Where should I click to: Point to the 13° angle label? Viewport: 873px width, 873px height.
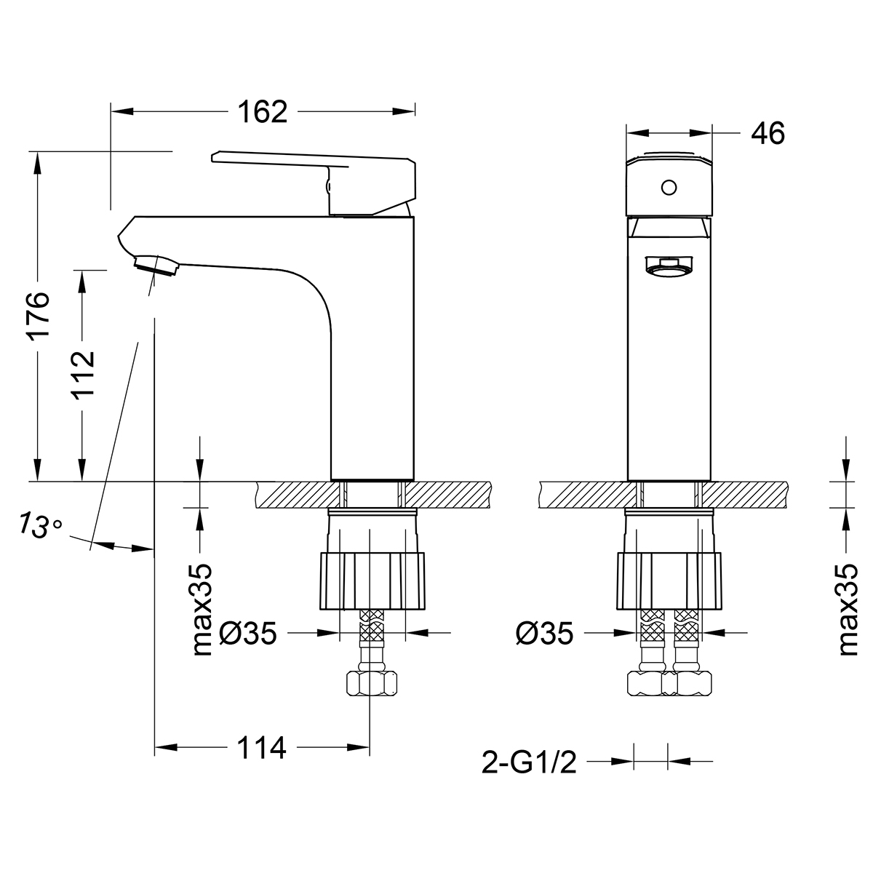point(39,525)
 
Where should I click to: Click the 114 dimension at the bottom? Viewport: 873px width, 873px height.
point(263,748)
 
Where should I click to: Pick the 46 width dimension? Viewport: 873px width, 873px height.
point(768,134)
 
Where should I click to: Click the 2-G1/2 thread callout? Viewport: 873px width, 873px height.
point(529,763)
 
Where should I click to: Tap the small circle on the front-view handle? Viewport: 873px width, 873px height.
point(669,188)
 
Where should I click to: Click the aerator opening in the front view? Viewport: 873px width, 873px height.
point(669,266)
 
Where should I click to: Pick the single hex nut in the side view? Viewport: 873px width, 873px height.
point(372,683)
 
